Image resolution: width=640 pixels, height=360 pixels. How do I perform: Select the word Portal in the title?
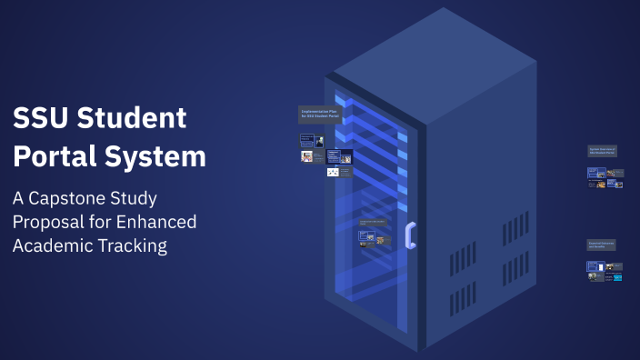[x=55, y=157]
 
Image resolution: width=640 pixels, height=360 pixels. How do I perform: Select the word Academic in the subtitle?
[x=51, y=245]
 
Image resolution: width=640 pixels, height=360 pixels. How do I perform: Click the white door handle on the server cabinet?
[x=411, y=235]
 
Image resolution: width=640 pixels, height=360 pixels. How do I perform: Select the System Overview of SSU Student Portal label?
[x=604, y=151]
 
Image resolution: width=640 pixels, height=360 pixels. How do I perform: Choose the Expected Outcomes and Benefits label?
[x=604, y=245]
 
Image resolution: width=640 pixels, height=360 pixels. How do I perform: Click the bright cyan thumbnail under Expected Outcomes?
[x=618, y=276]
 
